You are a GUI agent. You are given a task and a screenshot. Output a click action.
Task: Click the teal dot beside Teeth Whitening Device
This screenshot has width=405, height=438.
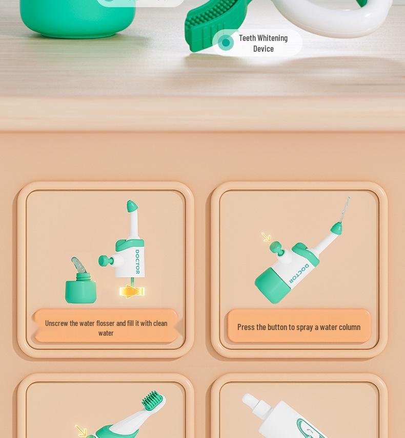[x=226, y=43]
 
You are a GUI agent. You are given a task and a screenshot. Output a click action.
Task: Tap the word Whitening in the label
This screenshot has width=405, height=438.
[x=272, y=38]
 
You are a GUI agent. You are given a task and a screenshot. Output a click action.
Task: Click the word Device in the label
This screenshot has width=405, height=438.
[x=263, y=49]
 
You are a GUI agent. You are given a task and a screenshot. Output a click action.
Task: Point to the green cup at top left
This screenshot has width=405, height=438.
[x=67, y=18]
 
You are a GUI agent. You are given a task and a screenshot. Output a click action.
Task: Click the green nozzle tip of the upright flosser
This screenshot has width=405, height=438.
[x=132, y=207]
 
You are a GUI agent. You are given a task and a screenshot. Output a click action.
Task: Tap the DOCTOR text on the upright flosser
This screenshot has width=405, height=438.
[x=137, y=261]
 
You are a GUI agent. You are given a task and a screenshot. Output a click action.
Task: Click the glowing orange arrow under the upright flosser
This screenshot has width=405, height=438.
[x=132, y=292]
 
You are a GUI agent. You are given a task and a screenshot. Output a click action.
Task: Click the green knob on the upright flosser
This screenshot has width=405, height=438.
[x=105, y=261]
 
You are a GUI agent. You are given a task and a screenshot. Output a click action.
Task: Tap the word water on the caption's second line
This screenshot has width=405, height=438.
[x=106, y=333]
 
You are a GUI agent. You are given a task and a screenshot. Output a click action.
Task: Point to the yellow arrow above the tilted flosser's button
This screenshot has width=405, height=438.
[x=266, y=237]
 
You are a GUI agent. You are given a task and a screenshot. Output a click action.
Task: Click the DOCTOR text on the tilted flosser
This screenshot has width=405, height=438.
[x=299, y=273]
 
